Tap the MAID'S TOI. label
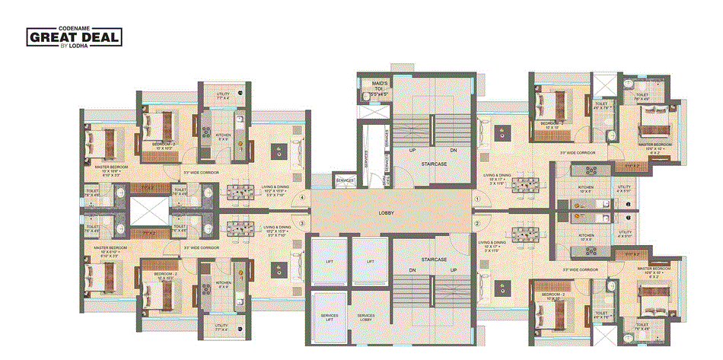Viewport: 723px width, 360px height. tap(376, 85)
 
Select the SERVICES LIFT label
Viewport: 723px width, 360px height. tap(328, 317)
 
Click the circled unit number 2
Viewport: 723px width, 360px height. tap(476, 225)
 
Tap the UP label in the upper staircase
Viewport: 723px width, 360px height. tap(413, 150)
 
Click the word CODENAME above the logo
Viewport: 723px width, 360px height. tap(74, 27)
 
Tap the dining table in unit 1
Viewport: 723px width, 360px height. tap(525, 185)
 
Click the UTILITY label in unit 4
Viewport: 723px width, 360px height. tap(223, 95)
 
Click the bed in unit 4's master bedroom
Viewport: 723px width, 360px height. tap(99, 143)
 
